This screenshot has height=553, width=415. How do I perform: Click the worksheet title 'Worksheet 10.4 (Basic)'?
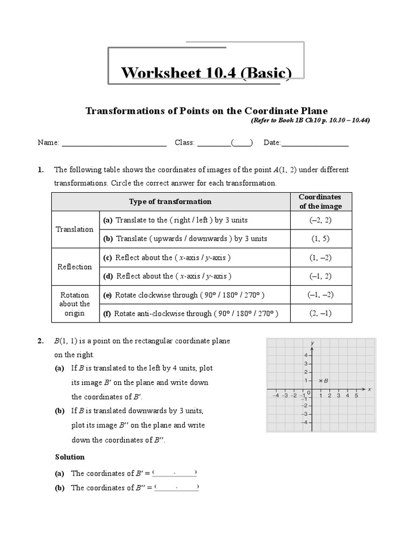206,72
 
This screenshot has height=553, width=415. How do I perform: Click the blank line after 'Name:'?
114,143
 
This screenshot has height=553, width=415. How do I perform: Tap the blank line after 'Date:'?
315,143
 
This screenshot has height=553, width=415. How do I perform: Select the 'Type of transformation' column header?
170,201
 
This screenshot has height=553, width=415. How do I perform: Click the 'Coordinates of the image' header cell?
320,201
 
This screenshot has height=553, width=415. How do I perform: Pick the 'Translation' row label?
75,229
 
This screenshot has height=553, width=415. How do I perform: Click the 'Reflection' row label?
75,267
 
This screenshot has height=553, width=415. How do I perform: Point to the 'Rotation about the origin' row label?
75,304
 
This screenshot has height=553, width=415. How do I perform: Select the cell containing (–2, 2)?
320,220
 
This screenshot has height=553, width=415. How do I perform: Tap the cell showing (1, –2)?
320,258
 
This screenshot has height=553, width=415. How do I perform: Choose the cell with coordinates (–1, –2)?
320,294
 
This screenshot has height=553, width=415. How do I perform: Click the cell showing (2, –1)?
320,313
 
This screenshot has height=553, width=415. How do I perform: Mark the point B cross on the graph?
320,381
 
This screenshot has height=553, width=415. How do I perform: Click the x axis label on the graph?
370,389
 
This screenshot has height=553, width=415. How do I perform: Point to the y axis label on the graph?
313,343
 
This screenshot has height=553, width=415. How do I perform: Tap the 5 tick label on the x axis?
356,395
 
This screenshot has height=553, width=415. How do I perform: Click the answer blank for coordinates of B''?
177,488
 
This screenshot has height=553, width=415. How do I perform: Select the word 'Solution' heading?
70,457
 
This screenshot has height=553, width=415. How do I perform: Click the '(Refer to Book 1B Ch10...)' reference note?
310,120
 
